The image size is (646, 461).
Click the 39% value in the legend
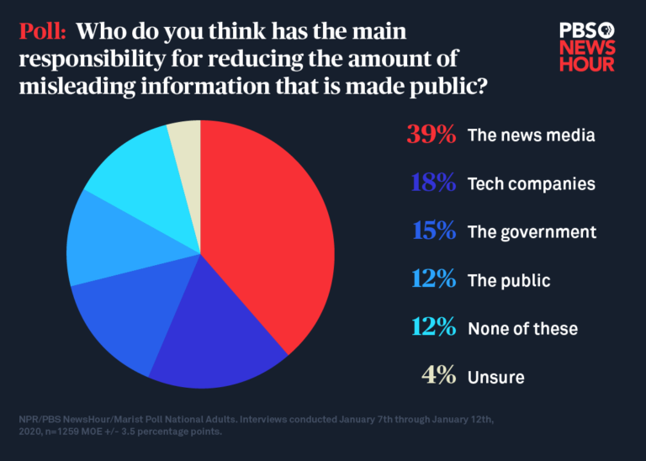coord(431,135)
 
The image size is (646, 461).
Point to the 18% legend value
coord(431,183)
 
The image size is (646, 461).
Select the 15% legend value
coord(431,231)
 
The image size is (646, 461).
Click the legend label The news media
coord(531,135)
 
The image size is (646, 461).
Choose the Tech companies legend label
coord(532,184)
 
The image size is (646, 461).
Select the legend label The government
coord(532,232)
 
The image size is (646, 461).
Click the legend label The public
coord(509,280)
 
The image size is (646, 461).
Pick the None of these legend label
coord(522,329)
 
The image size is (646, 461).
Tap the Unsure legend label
coord(495,378)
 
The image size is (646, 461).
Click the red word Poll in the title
coord(43,32)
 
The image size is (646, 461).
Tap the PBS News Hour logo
coord(587,45)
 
